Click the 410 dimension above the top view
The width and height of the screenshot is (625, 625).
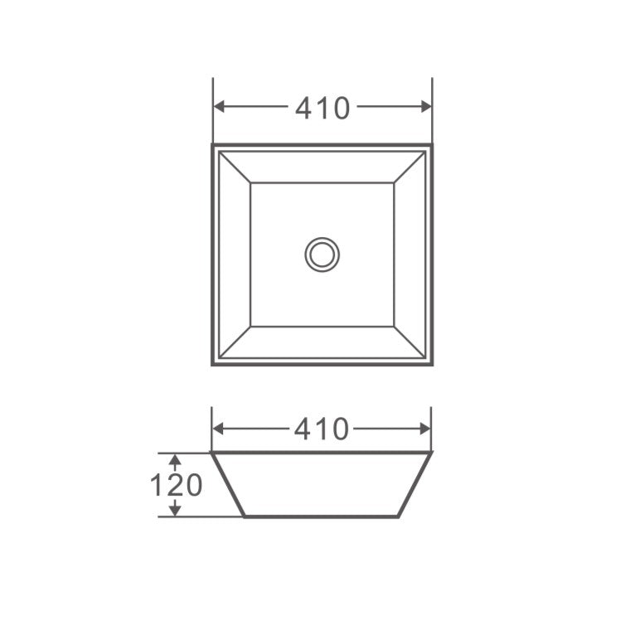(x=322, y=107)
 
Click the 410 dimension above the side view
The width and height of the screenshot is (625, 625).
(x=322, y=429)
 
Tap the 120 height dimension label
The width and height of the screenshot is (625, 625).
(x=176, y=485)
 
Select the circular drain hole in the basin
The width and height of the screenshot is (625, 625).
(x=322, y=254)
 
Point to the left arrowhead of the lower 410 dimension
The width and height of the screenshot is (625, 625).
(x=219, y=429)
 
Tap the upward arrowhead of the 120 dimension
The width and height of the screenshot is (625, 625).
(x=174, y=459)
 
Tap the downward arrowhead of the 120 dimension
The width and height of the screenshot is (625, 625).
(x=174, y=511)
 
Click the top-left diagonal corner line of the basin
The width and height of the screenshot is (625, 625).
(x=235, y=167)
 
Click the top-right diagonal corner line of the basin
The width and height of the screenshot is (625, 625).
(x=409, y=167)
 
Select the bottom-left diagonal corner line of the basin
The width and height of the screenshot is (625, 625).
(x=235, y=342)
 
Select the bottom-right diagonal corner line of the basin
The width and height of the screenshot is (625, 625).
(x=409, y=342)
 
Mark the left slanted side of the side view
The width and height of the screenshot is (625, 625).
(x=227, y=485)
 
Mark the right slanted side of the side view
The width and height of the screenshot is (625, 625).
(x=415, y=485)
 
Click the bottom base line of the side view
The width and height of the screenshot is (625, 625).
(x=322, y=516)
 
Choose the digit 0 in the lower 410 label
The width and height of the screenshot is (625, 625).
(x=339, y=429)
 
